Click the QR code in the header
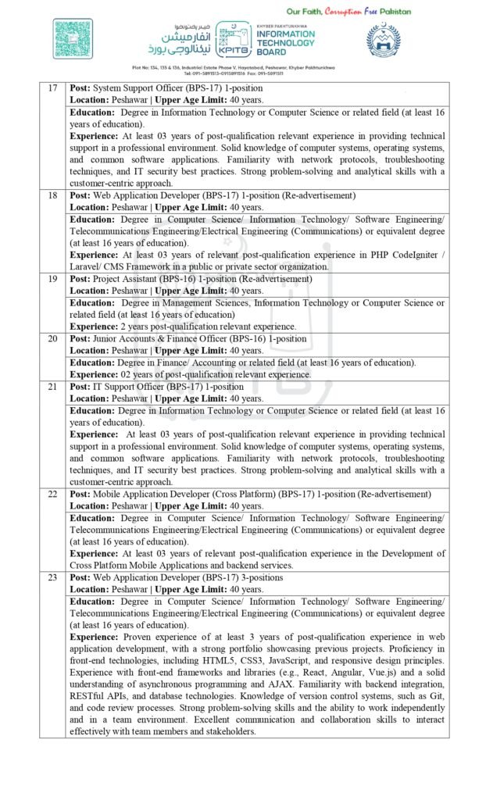(73, 38)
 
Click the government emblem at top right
(388, 40)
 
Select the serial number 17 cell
(52, 88)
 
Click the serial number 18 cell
(52, 195)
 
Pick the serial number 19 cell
(52, 279)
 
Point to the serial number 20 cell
(52, 339)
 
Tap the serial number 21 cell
(52, 387)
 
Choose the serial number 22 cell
(52, 495)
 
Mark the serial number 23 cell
(52, 577)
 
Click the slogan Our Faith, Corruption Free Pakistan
(348, 12)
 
